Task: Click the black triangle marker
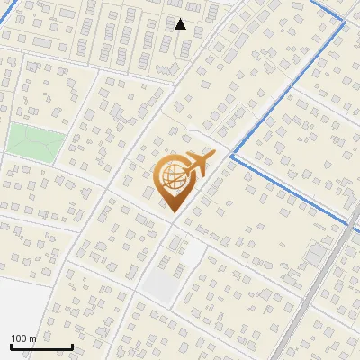coord(180,24)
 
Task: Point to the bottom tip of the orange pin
coord(171,212)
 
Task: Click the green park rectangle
coord(37,141)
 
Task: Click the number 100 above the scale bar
coord(18,338)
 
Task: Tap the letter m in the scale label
coord(32,338)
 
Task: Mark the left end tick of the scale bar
coord(11,346)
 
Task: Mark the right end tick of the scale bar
coord(72,346)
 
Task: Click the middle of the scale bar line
coord(41,347)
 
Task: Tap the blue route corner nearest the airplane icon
coord(232,156)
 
